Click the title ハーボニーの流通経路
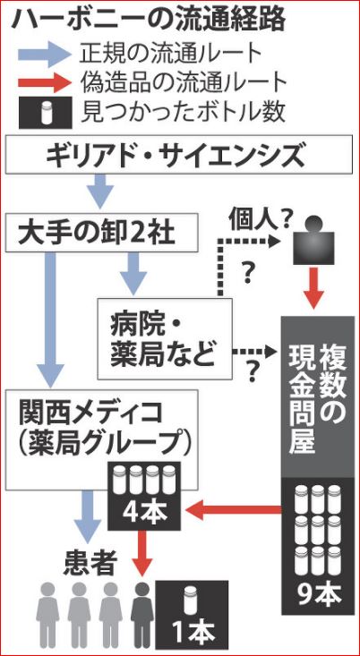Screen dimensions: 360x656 tap(148, 20)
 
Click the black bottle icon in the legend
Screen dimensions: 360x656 tap(45, 111)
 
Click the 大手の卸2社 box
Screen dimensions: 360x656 tap(102, 233)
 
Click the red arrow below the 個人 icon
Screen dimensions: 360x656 tap(313, 289)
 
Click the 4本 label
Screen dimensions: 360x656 tap(144, 511)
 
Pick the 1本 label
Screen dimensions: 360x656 tap(193, 632)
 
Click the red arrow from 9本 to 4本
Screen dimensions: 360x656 tap(233, 509)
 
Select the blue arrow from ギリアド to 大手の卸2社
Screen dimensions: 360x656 tap(102, 191)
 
